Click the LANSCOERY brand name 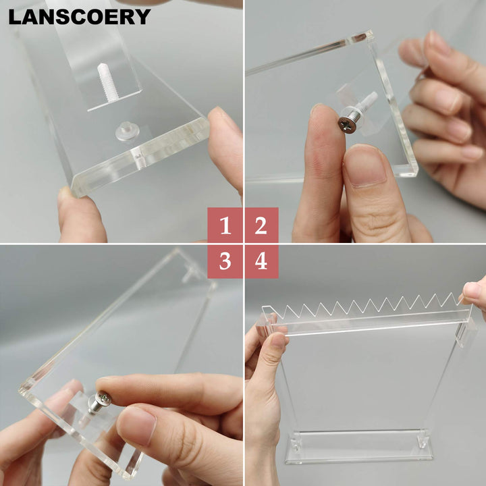[x=79, y=17]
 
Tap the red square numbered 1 [x=225, y=225]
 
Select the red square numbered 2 [x=261, y=225]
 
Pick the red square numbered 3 [x=225, y=261]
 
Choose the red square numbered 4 [x=261, y=261]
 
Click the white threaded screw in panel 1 [x=107, y=82]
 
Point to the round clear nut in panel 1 [x=126, y=130]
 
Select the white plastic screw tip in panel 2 [x=369, y=101]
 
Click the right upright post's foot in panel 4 [x=424, y=441]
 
